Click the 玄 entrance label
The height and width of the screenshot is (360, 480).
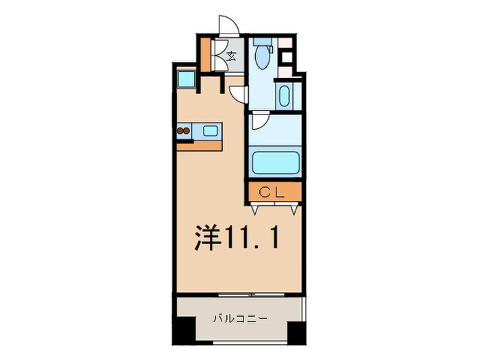[231, 56]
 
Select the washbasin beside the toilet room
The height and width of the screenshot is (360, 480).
[285, 96]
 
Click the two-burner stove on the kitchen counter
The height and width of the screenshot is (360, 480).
[183, 130]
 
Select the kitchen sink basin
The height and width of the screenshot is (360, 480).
[210, 130]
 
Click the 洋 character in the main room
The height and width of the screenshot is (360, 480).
[205, 237]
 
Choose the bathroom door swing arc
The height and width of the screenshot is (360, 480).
[259, 122]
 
